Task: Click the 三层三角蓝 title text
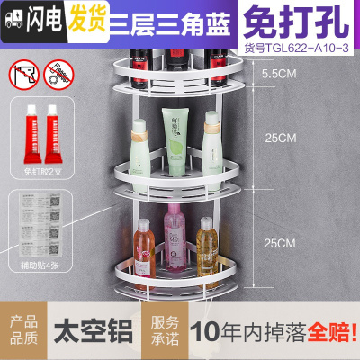pyautogui.click(x=159, y=17)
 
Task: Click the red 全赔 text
pyautogui.click(x=332, y=331)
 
